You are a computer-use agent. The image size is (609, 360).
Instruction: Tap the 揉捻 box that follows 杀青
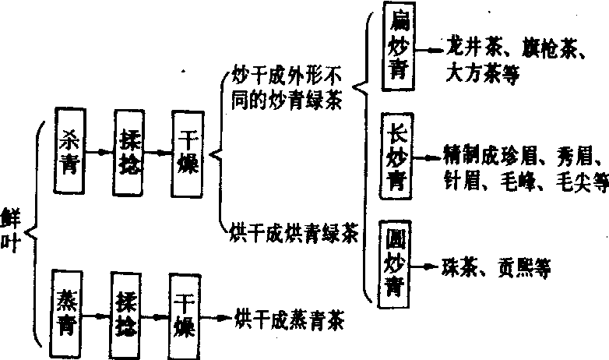tap(129, 152)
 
